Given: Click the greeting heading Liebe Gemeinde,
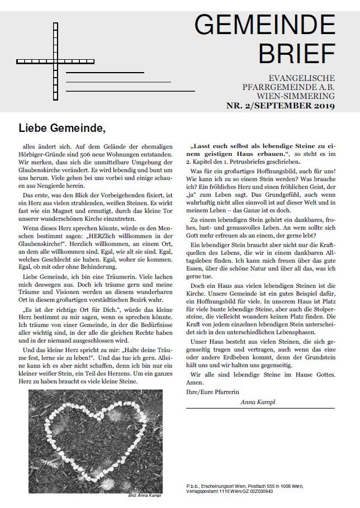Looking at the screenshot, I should coord(62,128).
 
